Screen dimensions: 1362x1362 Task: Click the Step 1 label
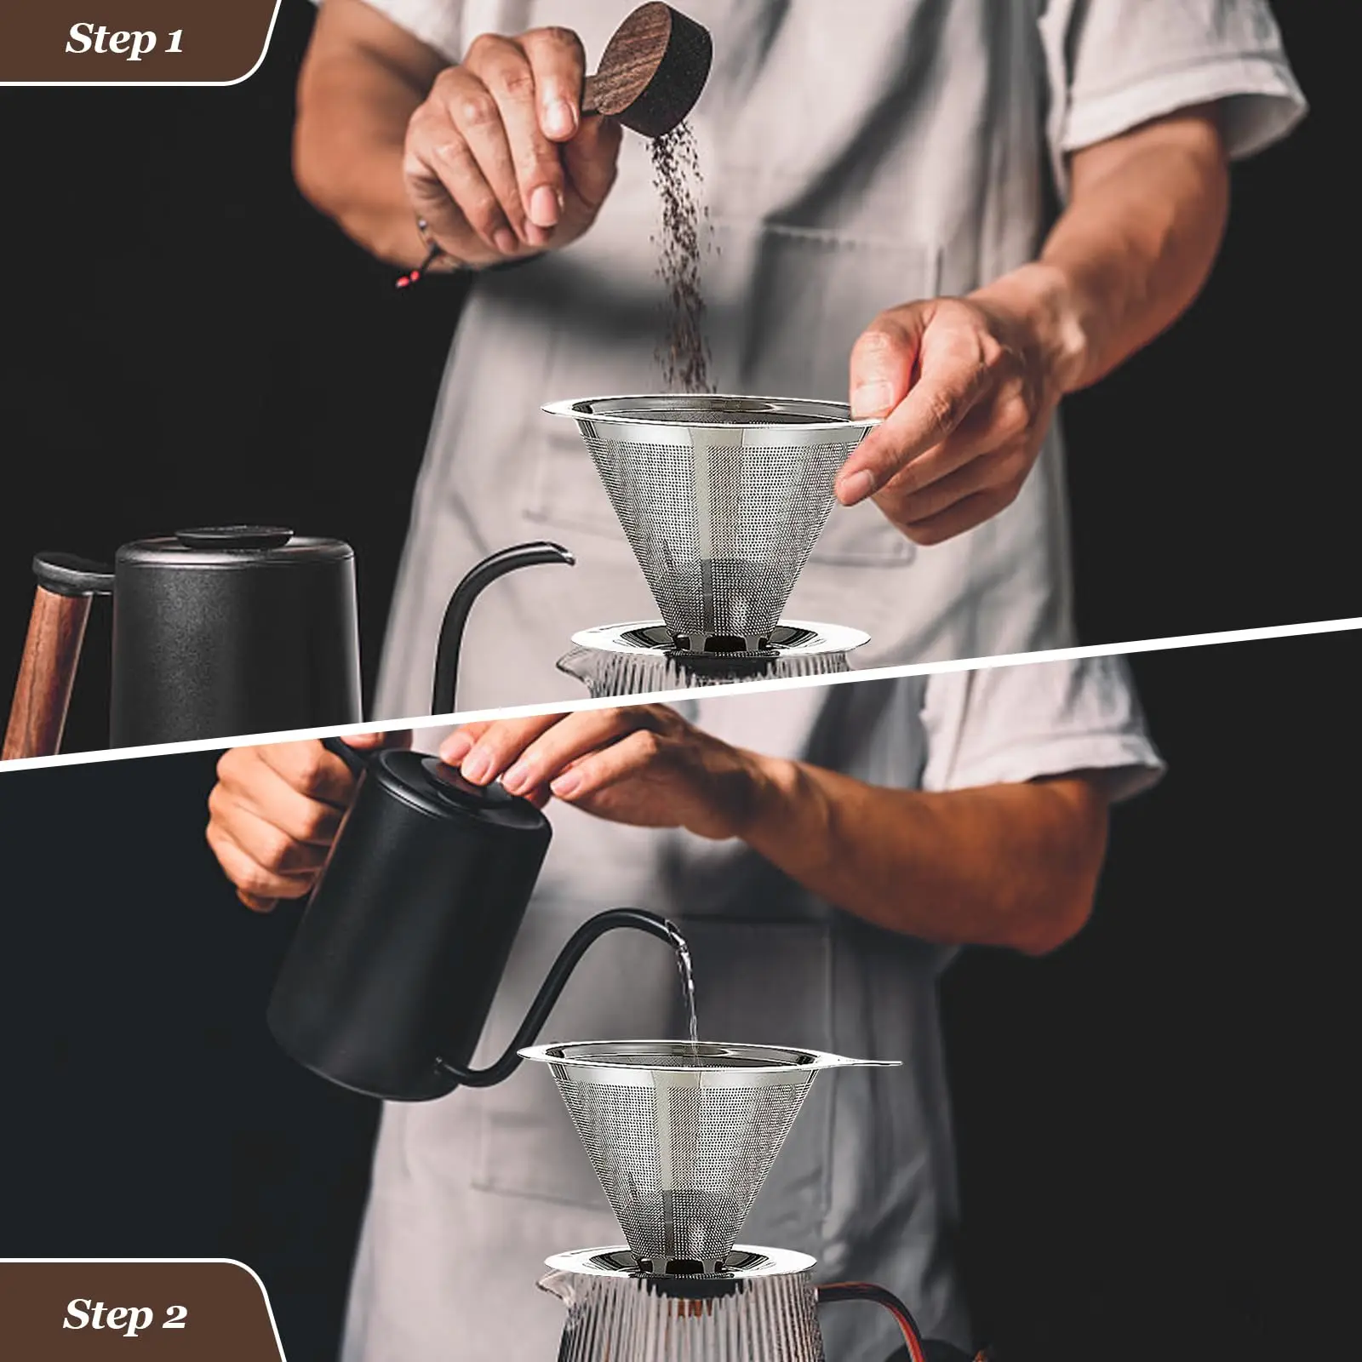click(125, 40)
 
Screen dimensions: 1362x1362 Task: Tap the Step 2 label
click(125, 1315)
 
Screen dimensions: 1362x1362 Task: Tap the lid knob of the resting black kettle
click(235, 538)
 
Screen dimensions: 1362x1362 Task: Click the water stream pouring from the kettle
click(685, 987)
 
